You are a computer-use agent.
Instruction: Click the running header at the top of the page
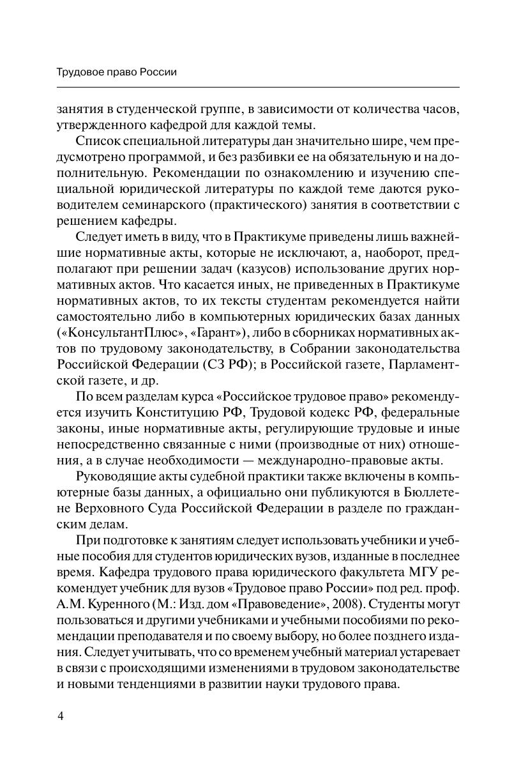coord(117,72)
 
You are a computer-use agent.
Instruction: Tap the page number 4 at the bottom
coord(61,716)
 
